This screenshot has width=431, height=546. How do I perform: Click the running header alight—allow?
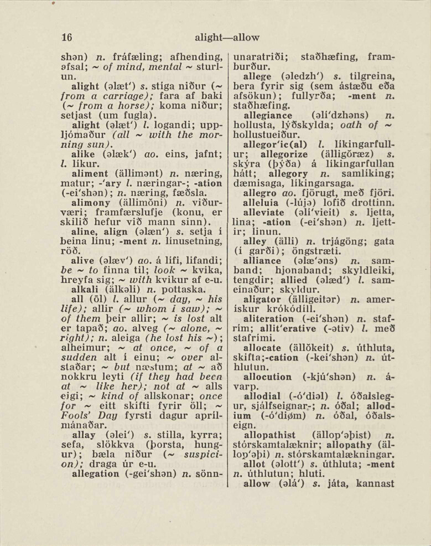coord(227,38)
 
